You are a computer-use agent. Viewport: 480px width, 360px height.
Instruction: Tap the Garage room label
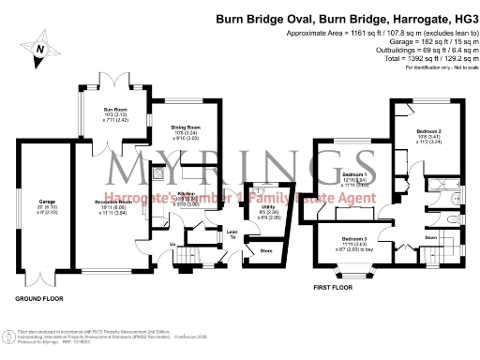47,202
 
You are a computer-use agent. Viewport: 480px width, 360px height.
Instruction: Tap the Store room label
265,251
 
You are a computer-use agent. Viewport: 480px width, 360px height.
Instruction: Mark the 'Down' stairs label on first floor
430,237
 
